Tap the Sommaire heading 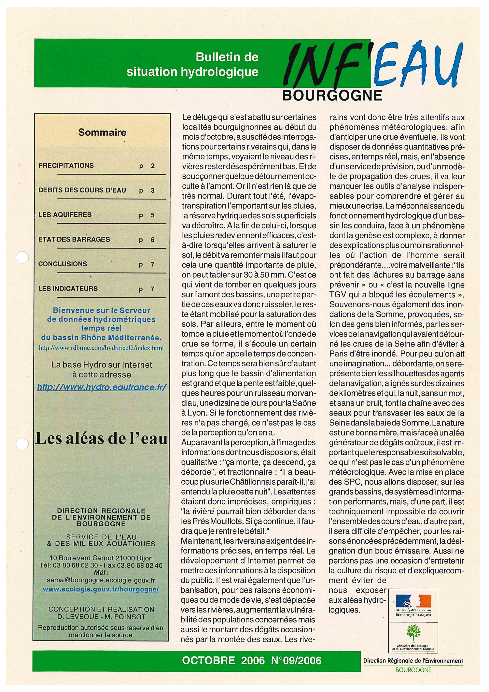[102, 132]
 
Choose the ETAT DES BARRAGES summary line [74, 239]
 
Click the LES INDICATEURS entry [68, 288]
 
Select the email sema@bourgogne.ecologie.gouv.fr [101, 580]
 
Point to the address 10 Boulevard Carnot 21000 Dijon [101, 558]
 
